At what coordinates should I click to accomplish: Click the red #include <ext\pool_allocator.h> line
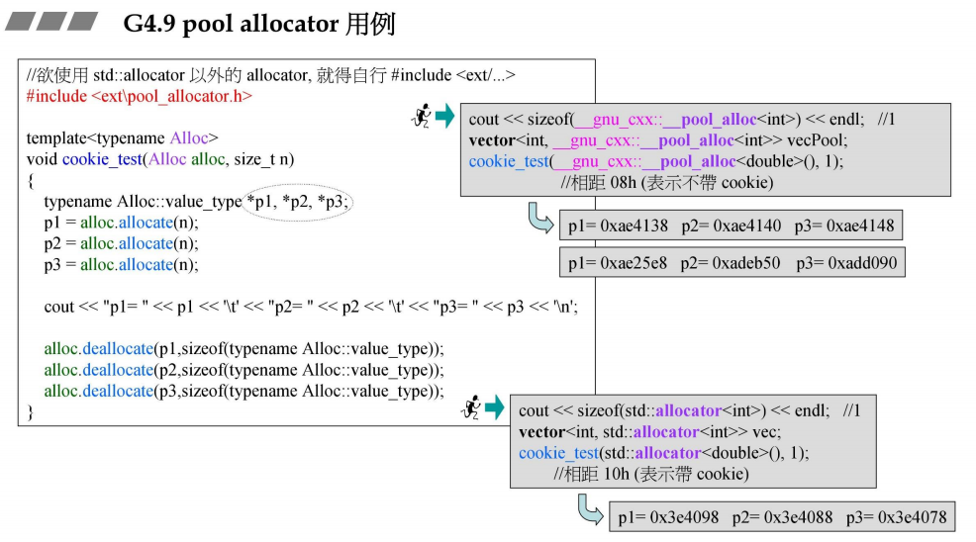[x=139, y=96]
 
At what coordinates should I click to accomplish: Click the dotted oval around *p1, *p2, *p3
[x=298, y=202]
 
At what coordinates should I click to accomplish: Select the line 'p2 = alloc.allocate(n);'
[x=121, y=243]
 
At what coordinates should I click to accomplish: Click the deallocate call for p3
[x=244, y=391]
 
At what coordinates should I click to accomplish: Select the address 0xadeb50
[x=744, y=263]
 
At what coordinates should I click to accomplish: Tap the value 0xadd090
[x=861, y=263]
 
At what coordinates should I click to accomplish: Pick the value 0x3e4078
[x=911, y=517]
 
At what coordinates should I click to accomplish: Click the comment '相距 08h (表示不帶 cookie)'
[x=666, y=182]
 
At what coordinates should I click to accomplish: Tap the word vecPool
[x=815, y=140]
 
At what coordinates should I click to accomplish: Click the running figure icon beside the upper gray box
[x=421, y=118]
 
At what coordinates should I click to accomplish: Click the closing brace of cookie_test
[x=31, y=411]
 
